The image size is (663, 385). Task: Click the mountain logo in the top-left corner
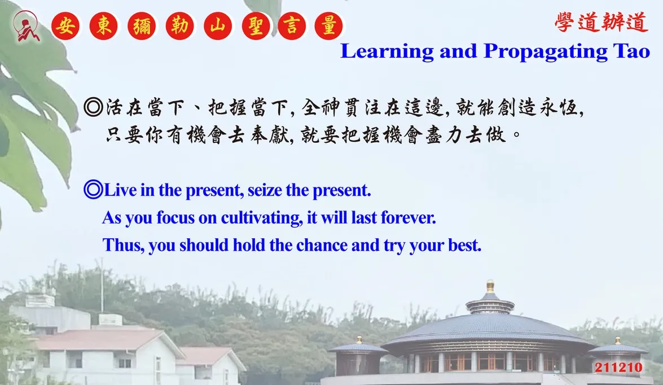27,26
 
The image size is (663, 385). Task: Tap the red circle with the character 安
65,26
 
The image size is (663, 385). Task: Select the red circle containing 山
217,26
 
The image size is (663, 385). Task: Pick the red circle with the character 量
328,26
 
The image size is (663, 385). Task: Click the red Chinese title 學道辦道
601,22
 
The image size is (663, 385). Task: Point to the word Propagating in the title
546,51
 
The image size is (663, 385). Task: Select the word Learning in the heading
387,51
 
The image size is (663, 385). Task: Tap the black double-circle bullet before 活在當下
94,107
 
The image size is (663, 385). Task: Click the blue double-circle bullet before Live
94,190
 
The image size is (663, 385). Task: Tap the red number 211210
618,368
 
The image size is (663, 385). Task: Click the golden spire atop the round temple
490,286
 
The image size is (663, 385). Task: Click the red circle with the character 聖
256,26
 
